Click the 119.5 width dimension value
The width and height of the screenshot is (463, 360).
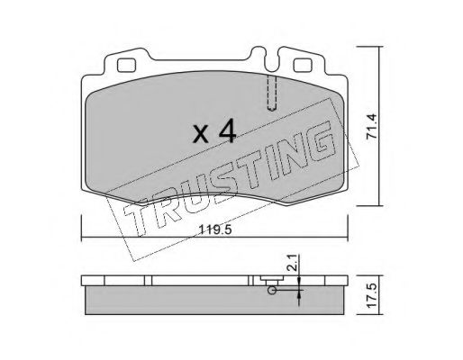tap(215, 230)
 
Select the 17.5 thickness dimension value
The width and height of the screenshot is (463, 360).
tap(371, 295)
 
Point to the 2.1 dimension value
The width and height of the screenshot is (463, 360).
tap(294, 263)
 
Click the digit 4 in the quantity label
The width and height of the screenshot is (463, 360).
tap(227, 130)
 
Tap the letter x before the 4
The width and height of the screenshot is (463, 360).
tap(201, 134)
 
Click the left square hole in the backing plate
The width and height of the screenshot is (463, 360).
tap(126, 66)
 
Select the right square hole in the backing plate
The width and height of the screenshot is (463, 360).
tap(303, 66)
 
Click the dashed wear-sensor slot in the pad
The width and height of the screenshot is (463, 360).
tap(272, 93)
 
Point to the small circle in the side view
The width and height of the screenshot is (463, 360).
tap(272, 290)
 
